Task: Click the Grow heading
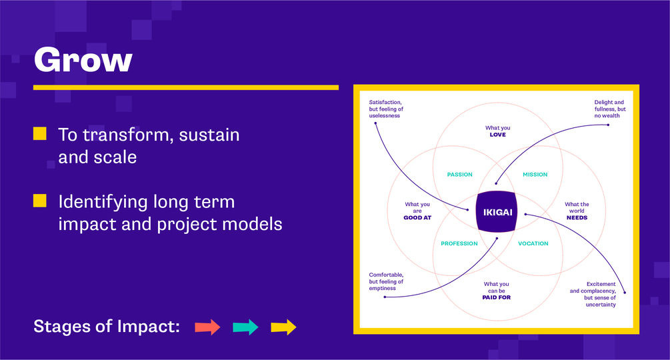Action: click(x=83, y=60)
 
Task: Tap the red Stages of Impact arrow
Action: click(x=207, y=327)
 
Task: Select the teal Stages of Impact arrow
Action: click(x=246, y=327)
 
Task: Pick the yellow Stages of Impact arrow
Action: click(x=284, y=327)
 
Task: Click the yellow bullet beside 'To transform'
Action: click(x=40, y=133)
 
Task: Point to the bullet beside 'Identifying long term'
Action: click(x=40, y=201)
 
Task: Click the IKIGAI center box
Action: click(x=497, y=212)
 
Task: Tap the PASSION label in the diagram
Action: click(x=460, y=175)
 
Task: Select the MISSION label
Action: click(x=535, y=175)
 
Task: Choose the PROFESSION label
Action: click(x=459, y=243)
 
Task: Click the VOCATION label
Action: click(x=533, y=243)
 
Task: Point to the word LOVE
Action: click(x=498, y=135)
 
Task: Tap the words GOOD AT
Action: click(x=417, y=218)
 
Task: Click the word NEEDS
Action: click(x=577, y=218)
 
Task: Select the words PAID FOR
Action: click(x=497, y=297)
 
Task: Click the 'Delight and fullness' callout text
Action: click(x=610, y=109)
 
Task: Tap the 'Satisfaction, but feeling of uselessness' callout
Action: click(x=386, y=109)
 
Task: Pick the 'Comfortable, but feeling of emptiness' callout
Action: click(x=386, y=281)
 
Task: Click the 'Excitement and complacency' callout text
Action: click(x=593, y=294)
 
